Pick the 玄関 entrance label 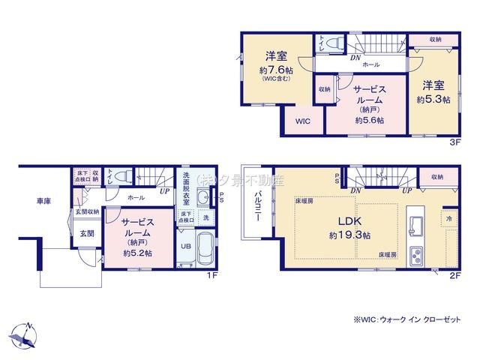pyautogui.click(x=87, y=234)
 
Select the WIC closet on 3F pyautogui.click(x=302, y=120)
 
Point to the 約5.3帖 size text pyautogui.click(x=433, y=100)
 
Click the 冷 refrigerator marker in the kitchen pyautogui.click(x=448, y=218)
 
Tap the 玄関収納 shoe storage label pyautogui.click(x=88, y=212)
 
